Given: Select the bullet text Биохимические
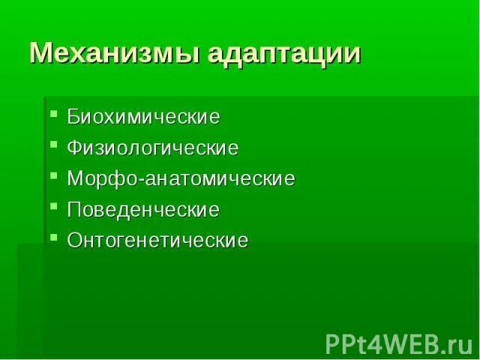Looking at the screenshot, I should [143, 117].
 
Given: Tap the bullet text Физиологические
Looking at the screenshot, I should [153, 148].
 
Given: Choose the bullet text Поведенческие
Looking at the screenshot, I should [143, 210].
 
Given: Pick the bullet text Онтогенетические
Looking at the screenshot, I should [157, 241].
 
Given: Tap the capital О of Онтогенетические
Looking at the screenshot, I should [74, 241].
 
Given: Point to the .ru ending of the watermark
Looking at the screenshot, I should [454, 344].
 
